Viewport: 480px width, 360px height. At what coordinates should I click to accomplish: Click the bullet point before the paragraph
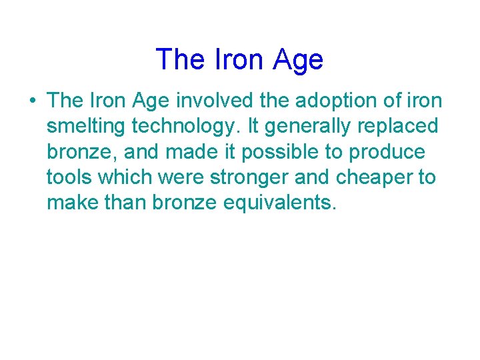pyautogui.click(x=32, y=101)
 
